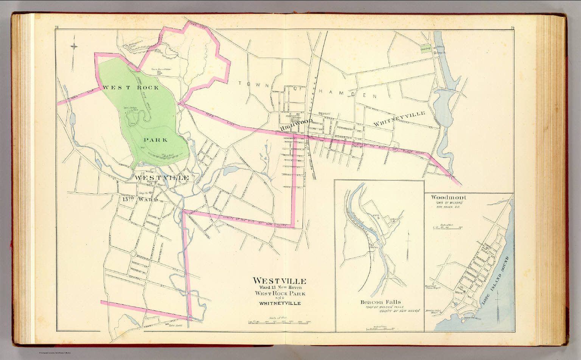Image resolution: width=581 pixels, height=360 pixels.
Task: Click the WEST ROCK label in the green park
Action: click(131, 87)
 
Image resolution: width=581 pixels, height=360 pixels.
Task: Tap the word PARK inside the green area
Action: click(155, 140)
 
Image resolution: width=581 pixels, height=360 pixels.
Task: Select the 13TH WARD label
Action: click(140, 199)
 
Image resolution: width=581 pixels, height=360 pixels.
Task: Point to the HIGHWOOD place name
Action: click(297, 125)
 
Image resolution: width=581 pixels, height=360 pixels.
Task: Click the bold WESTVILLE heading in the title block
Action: click(279, 281)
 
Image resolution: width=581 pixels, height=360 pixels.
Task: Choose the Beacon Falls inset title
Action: click(380, 302)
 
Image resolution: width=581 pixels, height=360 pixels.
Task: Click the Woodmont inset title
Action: click(449, 197)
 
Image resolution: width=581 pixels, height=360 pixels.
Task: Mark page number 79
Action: click(512, 28)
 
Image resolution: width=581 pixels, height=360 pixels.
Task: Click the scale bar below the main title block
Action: click(279, 322)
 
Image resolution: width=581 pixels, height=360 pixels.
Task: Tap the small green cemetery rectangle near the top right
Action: click(426, 49)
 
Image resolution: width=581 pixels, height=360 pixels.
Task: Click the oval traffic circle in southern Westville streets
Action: click(134, 253)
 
